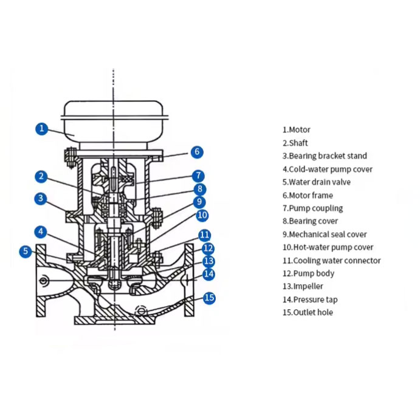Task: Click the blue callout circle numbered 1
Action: pos(41,128)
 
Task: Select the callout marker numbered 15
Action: pos(209,298)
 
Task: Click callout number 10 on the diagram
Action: pos(202,215)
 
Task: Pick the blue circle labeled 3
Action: pos(41,198)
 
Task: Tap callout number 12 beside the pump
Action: pos(208,248)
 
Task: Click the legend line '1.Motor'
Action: pos(296,129)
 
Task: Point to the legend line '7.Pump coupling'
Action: pos(312,208)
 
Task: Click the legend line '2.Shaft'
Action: pos(295,143)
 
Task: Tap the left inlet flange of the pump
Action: pos(41,280)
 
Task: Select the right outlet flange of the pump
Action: pos(189,280)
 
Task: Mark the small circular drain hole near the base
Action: pos(143,310)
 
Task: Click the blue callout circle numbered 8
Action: pos(199,189)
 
